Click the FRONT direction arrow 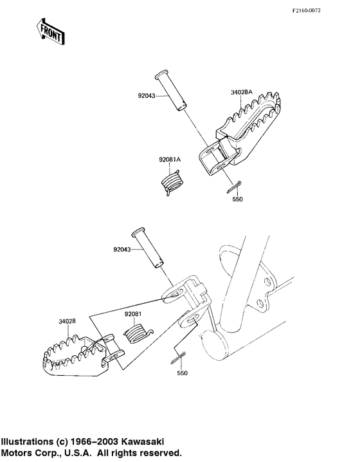click(x=50, y=32)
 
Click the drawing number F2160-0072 click(x=307, y=11)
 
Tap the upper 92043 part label click(x=147, y=95)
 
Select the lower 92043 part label click(x=122, y=250)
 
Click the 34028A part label click(x=241, y=92)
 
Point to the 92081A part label click(x=170, y=160)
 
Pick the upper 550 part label click(x=238, y=199)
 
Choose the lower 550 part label click(x=182, y=373)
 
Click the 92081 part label click(x=133, y=314)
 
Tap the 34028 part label click(x=67, y=321)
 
